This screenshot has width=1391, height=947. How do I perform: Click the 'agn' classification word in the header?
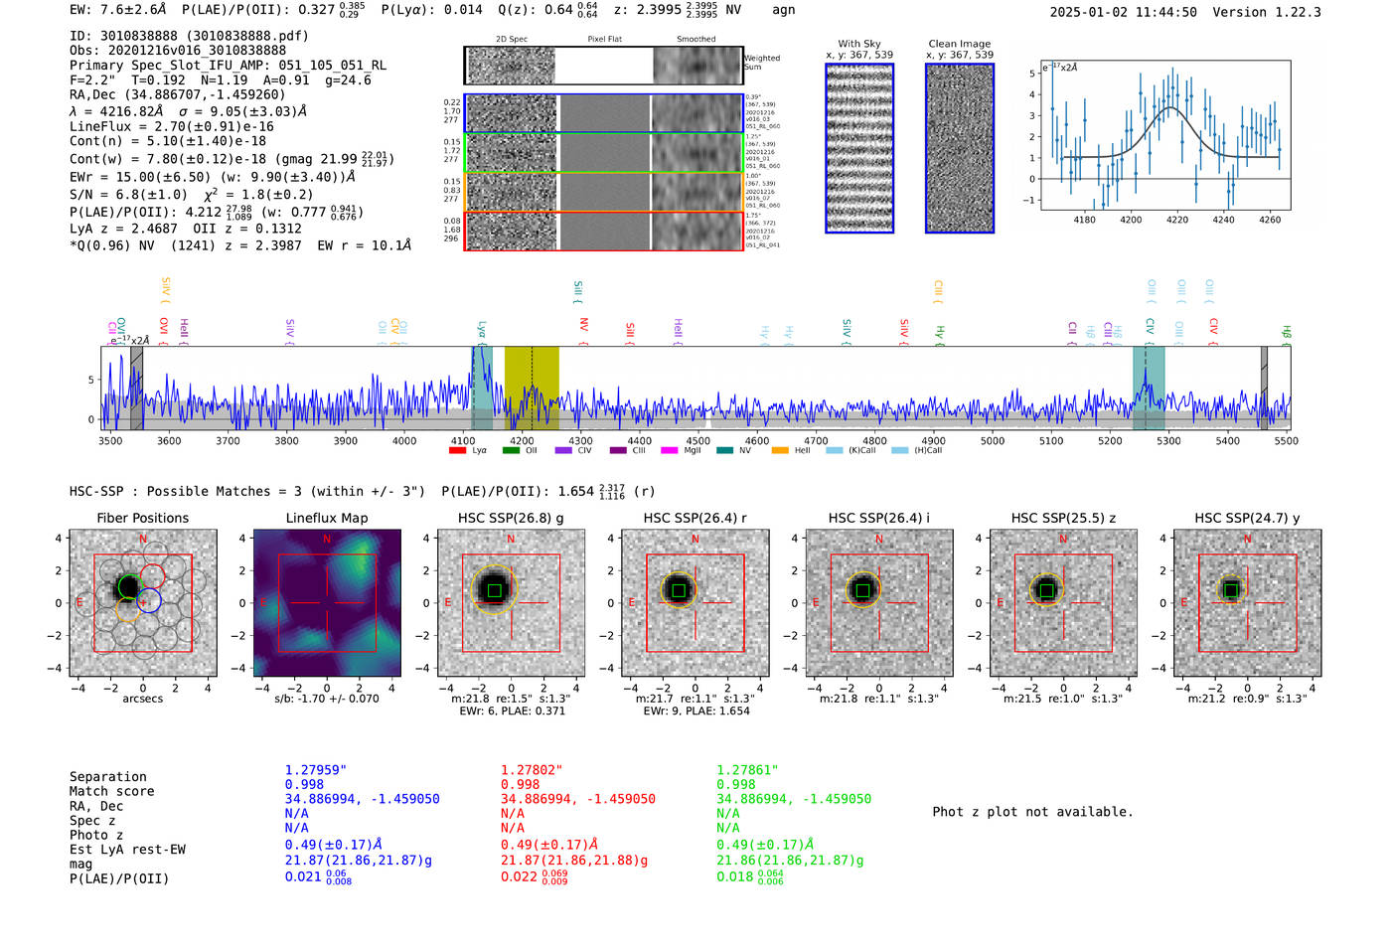[x=783, y=10]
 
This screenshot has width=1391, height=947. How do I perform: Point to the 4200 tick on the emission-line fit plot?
[x=1131, y=220]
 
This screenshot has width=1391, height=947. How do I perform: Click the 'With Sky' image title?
[x=858, y=44]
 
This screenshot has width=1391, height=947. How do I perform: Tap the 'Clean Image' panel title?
[x=959, y=44]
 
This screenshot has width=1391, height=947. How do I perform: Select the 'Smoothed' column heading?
[x=695, y=40]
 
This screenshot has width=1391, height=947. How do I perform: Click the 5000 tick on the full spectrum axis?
[x=992, y=441]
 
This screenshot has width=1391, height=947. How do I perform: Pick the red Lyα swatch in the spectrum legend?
[x=457, y=451]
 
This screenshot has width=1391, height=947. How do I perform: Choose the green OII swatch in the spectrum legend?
[x=511, y=451]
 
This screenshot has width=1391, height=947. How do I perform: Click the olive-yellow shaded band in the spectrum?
[x=532, y=388]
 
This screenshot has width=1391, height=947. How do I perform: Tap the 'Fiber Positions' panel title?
[x=142, y=518]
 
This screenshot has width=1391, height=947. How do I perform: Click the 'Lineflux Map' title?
[x=326, y=518]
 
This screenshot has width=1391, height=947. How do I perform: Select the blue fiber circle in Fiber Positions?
[x=149, y=600]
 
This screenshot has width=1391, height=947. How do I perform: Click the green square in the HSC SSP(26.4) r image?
[x=679, y=590]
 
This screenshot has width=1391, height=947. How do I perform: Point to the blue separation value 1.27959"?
[x=315, y=770]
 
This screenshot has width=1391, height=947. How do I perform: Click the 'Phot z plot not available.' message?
[x=1032, y=812]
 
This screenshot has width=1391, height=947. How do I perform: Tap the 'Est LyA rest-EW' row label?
[x=127, y=850]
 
